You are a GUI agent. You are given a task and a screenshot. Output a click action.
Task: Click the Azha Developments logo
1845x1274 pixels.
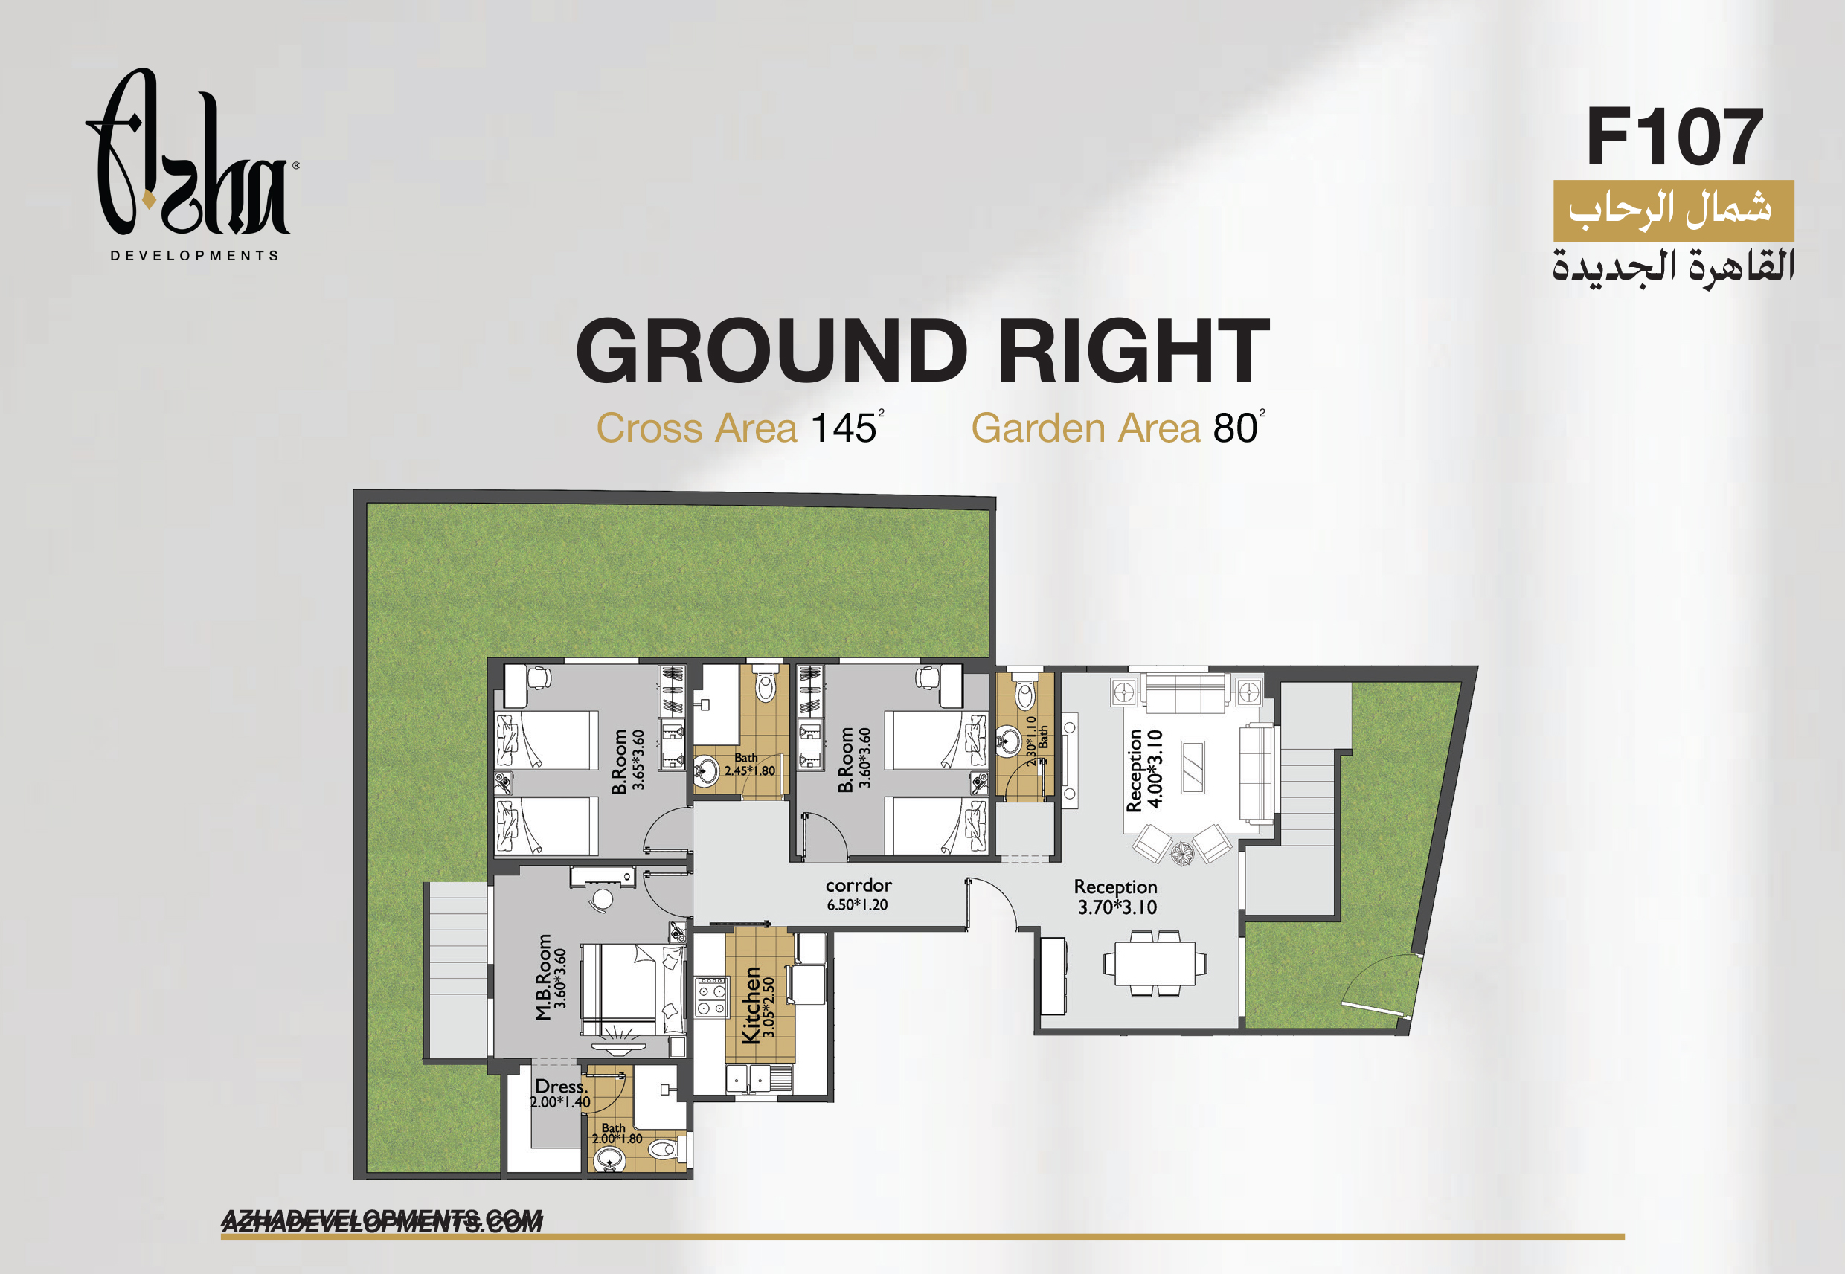coord(192,164)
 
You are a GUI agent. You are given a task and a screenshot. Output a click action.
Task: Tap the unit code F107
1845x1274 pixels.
coord(1673,138)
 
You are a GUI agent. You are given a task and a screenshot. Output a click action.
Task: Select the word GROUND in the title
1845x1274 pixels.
coord(771,350)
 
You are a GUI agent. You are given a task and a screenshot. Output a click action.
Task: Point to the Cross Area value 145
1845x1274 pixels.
coord(843,428)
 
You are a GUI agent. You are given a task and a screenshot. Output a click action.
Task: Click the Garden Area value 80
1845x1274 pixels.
coord(1235,428)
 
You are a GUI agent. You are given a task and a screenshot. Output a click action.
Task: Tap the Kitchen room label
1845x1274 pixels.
coord(751,1006)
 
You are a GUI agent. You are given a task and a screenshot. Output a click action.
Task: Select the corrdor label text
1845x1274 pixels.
coord(859,885)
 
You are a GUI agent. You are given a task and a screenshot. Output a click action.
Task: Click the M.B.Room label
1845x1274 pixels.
coord(544,977)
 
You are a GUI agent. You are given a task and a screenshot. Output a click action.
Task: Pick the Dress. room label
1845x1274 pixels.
coord(561,1087)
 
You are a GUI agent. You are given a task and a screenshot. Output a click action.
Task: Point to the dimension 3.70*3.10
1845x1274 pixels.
coord(1117,907)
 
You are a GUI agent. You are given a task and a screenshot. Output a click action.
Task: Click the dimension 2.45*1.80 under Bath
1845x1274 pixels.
coord(750,771)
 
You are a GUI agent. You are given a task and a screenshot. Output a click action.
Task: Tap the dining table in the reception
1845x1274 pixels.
coord(1155,963)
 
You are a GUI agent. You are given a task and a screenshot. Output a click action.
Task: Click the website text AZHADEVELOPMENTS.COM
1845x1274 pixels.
coord(382,1221)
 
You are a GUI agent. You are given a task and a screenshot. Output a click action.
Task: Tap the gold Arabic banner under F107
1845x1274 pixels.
coord(1673,210)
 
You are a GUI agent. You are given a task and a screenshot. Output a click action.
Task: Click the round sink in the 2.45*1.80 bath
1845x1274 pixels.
coord(706,771)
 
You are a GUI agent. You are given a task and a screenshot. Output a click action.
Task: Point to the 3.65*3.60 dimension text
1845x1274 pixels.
coord(638,760)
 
